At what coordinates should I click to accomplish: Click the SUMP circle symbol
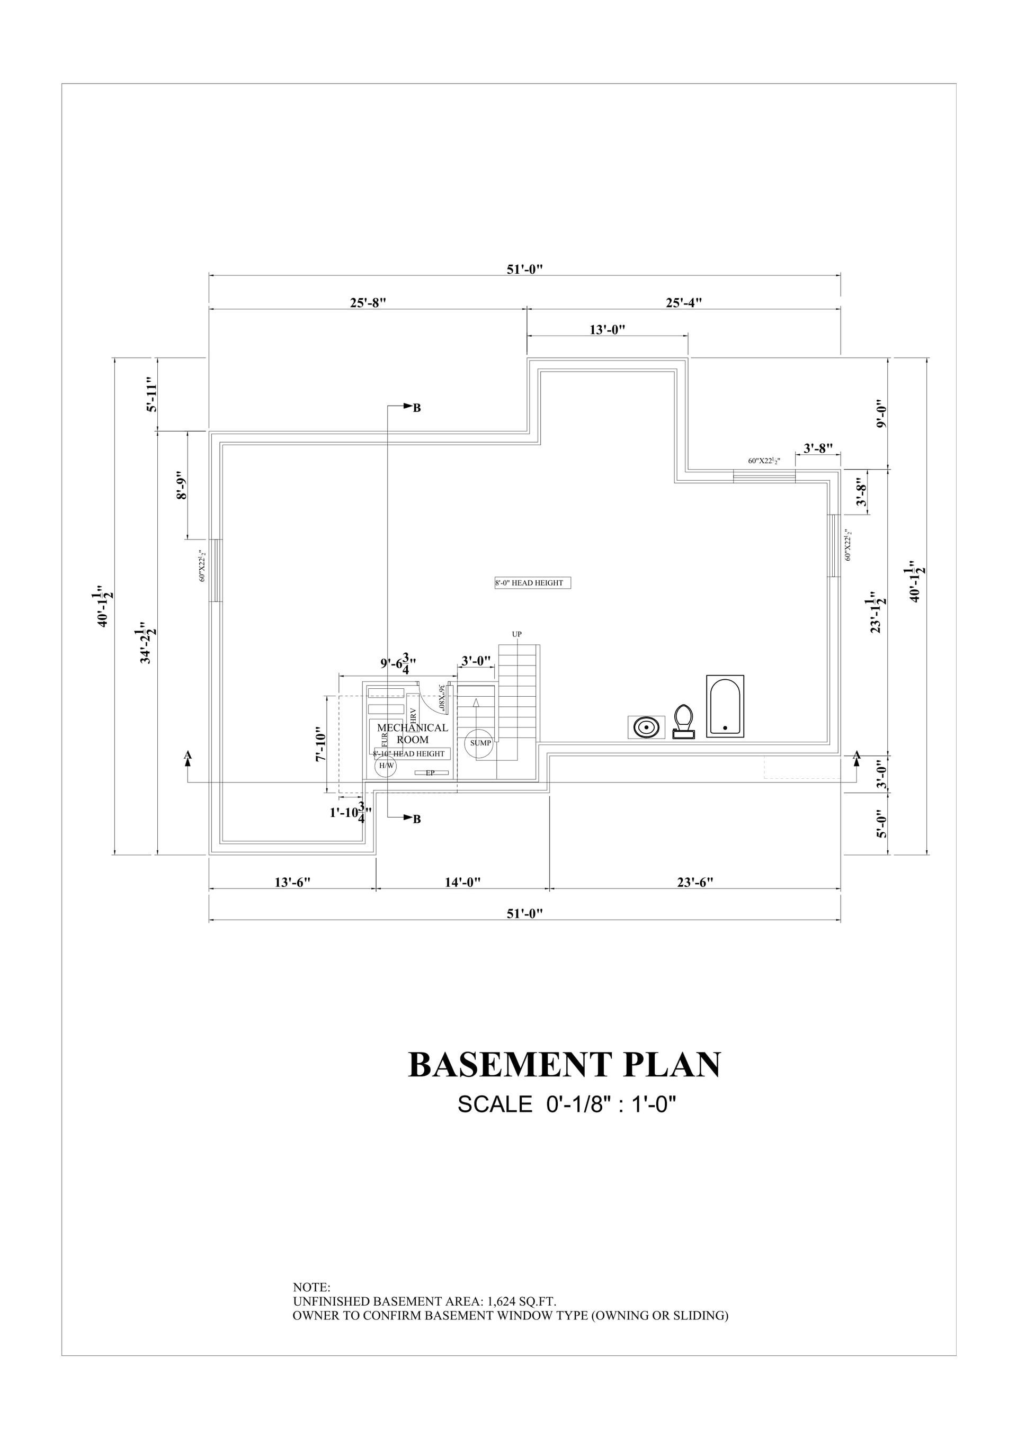pos(480,743)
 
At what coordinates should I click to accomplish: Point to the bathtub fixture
pos(725,706)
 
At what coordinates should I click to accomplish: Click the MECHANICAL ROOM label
pos(412,733)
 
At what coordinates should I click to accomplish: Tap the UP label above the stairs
pos(516,634)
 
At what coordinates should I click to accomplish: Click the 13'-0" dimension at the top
pos(607,329)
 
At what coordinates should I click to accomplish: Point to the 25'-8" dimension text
pos(367,302)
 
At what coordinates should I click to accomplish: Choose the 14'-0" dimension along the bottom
pos(462,883)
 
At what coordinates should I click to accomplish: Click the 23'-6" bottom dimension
pos(695,883)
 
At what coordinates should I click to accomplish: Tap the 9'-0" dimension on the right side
pos(881,414)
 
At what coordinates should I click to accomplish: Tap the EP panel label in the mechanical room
pos(430,774)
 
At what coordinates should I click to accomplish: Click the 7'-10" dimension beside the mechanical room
pos(321,744)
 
